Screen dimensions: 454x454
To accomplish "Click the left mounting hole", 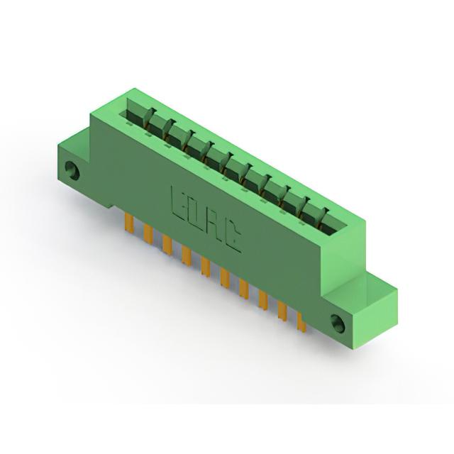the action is point(72,171).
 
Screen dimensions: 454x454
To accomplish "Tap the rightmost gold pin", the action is point(301,323).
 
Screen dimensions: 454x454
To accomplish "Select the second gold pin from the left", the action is point(148,233).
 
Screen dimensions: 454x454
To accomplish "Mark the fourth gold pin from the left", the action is point(187,255).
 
